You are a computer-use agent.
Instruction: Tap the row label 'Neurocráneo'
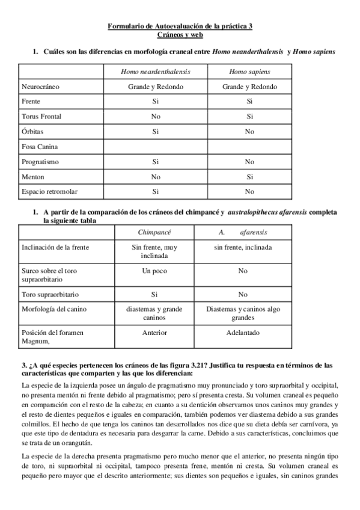[x=40, y=87]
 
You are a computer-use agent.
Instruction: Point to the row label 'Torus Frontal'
[x=41, y=116]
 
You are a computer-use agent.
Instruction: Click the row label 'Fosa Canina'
[x=39, y=146]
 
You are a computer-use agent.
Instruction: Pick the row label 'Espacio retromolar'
[x=49, y=191]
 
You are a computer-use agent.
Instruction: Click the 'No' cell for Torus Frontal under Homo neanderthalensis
[x=156, y=116]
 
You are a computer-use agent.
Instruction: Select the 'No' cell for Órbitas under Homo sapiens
[x=249, y=131]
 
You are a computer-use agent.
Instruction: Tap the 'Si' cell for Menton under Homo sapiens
[x=249, y=177]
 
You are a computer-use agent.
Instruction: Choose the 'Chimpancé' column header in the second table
[x=154, y=232]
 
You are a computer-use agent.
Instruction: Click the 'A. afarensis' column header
[x=243, y=232]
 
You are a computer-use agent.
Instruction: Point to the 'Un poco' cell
[x=154, y=271]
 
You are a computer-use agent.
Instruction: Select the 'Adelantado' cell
[x=243, y=332]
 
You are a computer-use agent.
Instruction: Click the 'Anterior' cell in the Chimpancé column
[x=154, y=332]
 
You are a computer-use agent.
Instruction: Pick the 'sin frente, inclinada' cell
[x=243, y=247]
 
